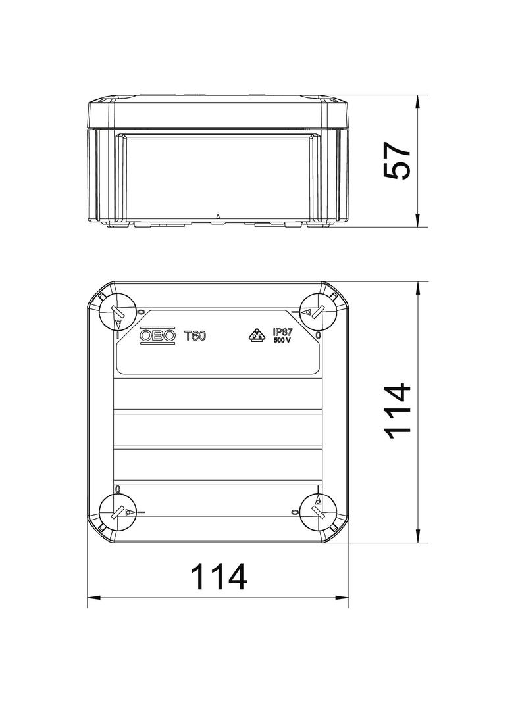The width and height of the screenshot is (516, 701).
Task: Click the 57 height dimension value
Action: [398, 162]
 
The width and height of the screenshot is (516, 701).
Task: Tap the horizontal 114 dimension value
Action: [219, 577]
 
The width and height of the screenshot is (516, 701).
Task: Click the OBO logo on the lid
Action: [158, 335]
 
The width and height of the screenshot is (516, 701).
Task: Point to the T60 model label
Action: [195, 336]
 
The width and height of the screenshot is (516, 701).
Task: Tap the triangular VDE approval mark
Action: [257, 335]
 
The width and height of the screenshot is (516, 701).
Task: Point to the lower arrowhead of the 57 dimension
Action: [419, 223]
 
